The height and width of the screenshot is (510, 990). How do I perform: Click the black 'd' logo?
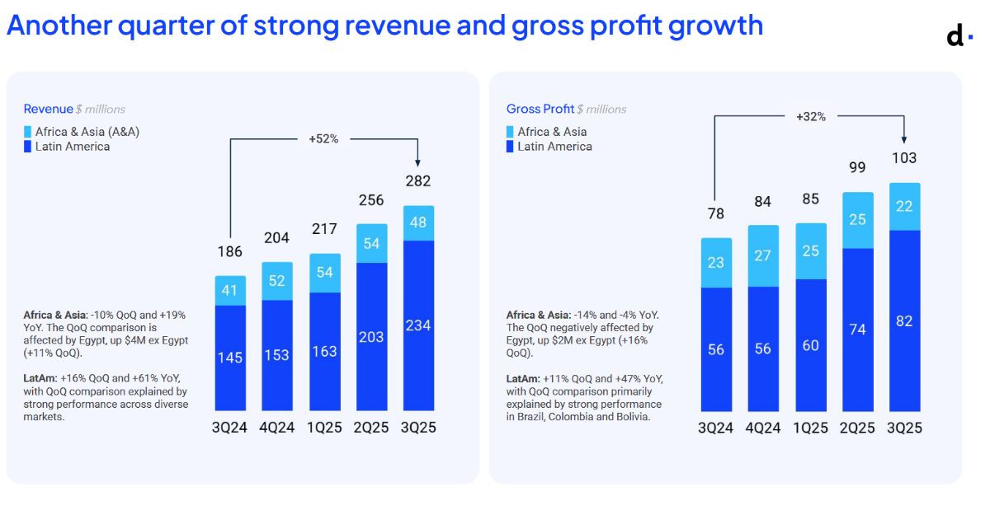coord(955,35)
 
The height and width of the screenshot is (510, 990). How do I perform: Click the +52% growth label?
coord(323,138)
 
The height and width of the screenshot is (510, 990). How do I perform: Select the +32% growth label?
coord(810,116)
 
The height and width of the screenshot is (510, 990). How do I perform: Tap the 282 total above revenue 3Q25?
coord(418,180)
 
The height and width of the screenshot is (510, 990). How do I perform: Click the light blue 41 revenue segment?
coord(230,291)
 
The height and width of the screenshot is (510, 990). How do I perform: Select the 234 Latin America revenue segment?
coord(418,325)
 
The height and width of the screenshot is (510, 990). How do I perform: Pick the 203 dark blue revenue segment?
coord(372,336)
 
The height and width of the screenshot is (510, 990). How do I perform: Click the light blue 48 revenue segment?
coord(418,223)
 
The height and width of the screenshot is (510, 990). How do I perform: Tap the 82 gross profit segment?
coord(905,321)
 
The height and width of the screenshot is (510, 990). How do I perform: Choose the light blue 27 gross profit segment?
coord(763,255)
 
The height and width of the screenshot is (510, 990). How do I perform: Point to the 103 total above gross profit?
coord(904,157)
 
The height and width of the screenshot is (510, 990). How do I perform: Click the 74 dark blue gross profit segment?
coord(858,330)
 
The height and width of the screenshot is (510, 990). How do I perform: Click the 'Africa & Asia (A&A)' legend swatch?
coord(27,132)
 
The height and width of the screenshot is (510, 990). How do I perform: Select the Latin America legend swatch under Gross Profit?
coord(510,147)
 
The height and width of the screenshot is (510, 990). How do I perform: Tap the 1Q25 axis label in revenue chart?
coord(324,427)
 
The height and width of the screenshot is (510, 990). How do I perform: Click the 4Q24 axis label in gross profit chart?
coord(763,428)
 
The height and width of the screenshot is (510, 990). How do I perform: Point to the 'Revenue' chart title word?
coord(48,109)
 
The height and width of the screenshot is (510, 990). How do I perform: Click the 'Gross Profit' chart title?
coord(540,109)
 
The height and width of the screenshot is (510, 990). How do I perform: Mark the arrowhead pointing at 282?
coord(417,163)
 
